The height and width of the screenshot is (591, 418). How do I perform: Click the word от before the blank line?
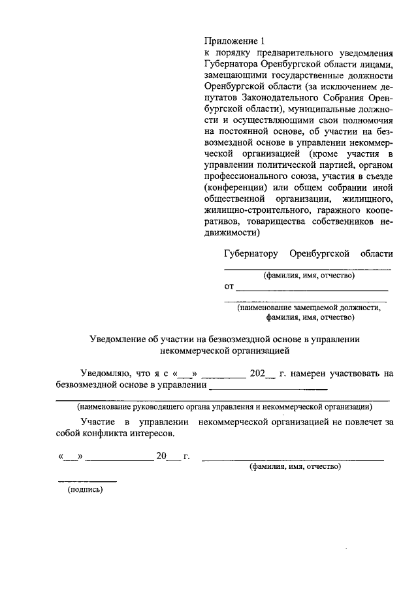(x=229, y=287)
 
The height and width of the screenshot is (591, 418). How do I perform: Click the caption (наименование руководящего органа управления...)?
(x=223, y=406)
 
